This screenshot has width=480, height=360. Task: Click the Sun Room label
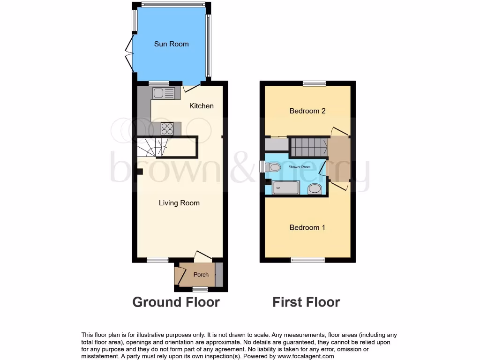coord(172,44)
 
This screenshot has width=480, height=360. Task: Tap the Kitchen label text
coord(201,106)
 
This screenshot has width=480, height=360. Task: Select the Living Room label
coord(179,203)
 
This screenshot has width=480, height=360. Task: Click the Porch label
coord(201,275)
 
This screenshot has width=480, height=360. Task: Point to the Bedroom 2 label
coord(307,111)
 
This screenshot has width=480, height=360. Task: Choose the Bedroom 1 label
coord(307,227)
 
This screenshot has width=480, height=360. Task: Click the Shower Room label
coord(300,167)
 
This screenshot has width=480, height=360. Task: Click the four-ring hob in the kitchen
coord(167,128)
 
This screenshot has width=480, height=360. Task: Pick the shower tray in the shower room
coord(286,188)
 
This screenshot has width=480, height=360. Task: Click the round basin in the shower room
coord(315,188)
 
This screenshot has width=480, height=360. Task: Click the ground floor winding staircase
coord(152,147)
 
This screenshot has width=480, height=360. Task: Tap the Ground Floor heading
coord(176,302)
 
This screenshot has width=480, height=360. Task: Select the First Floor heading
coord(306,302)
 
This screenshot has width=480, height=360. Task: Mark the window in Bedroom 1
coord(307,260)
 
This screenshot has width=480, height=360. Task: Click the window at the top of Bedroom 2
coord(314,83)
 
